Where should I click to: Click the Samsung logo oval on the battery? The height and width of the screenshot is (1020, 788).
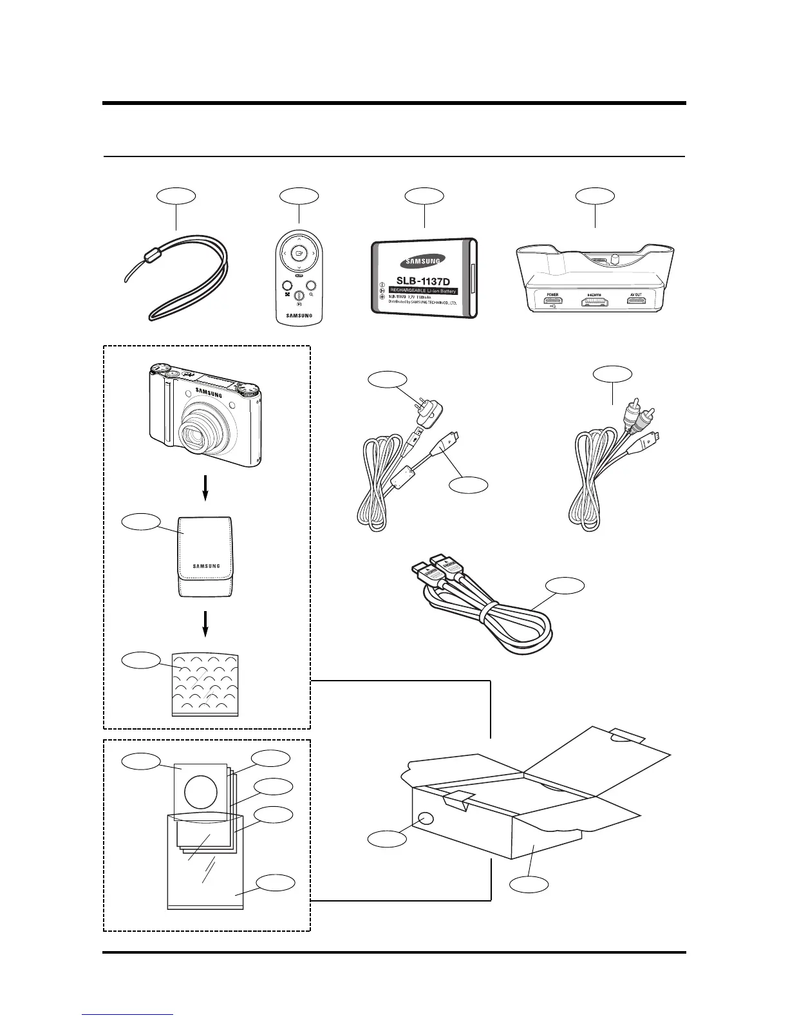422,261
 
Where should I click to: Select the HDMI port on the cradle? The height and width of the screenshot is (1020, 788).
594,301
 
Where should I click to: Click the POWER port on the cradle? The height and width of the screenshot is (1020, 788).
553,301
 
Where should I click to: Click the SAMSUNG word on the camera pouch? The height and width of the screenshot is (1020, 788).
206,567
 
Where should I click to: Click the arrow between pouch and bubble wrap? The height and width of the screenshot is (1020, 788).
205,623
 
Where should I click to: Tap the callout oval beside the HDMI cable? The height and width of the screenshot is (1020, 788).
565,586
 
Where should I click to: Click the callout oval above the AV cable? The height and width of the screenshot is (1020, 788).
612,373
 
